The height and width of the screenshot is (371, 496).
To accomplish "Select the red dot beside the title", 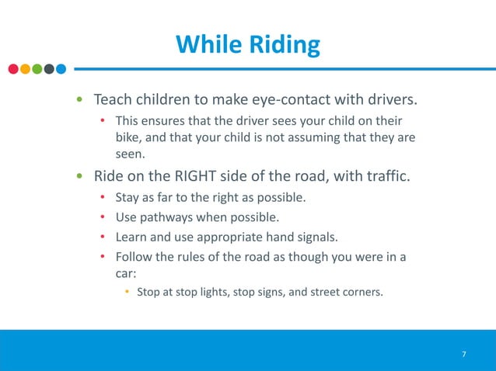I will pos(13,69).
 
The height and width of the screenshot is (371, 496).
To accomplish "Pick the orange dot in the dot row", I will pos(25,69).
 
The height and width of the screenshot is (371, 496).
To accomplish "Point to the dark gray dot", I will pos(49,69).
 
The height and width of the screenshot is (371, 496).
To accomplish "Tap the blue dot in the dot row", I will pos(61,69).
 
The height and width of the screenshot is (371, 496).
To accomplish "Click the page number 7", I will pos(464,355).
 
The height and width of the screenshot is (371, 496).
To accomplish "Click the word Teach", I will pos(112,101).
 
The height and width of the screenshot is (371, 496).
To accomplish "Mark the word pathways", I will pos(166,216).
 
